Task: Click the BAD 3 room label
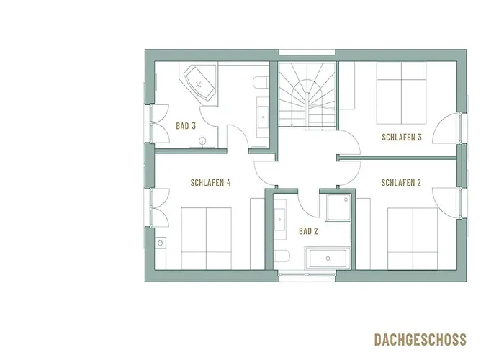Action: (x=186, y=126)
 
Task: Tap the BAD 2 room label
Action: (x=308, y=231)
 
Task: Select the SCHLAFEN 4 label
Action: (x=210, y=183)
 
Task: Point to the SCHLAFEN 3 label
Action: (x=401, y=137)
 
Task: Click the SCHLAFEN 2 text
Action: (x=401, y=183)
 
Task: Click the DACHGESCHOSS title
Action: (x=420, y=339)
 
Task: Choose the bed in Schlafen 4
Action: (x=206, y=238)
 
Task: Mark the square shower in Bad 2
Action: (x=336, y=209)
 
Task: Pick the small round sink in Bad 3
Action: (x=202, y=141)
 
